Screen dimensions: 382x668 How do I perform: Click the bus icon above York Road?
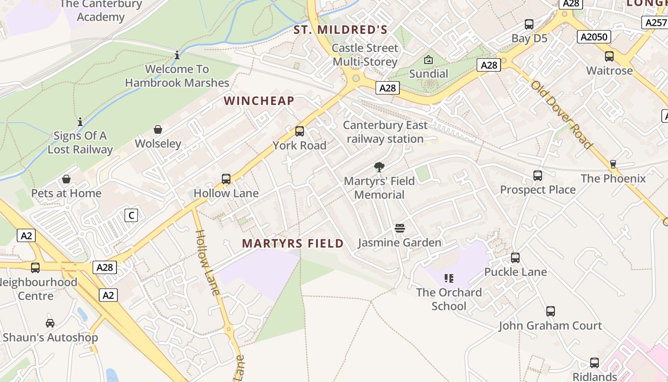pos(300,131)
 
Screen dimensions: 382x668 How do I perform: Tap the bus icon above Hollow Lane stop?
pos(226,179)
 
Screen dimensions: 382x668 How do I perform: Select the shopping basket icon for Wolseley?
pos(158,129)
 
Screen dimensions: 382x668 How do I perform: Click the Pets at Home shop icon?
pos(66,179)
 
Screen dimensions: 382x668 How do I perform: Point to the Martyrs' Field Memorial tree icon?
pos(379,167)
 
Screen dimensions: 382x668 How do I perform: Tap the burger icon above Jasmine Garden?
pos(400,228)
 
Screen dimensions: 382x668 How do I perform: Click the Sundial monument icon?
pos(428,60)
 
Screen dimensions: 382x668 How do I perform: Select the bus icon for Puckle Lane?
pos(515,258)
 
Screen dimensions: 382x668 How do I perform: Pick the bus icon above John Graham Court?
pos(551,311)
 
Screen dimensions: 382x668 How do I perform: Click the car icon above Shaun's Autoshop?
pos(50,323)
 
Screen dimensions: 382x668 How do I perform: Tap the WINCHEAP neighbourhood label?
pos(259,101)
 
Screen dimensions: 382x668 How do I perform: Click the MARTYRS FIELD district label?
pos(292,244)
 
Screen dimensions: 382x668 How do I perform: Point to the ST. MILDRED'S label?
pos(340,30)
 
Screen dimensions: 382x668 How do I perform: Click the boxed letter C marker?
pos(131,215)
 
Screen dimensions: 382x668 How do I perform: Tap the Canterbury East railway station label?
pos(385,132)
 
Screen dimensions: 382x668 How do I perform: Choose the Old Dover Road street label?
pos(562,115)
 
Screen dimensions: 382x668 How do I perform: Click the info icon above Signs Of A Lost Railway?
pos(80,122)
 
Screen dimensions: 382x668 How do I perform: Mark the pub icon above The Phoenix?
pos(613,164)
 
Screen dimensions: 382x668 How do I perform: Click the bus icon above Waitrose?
pos(609,56)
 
